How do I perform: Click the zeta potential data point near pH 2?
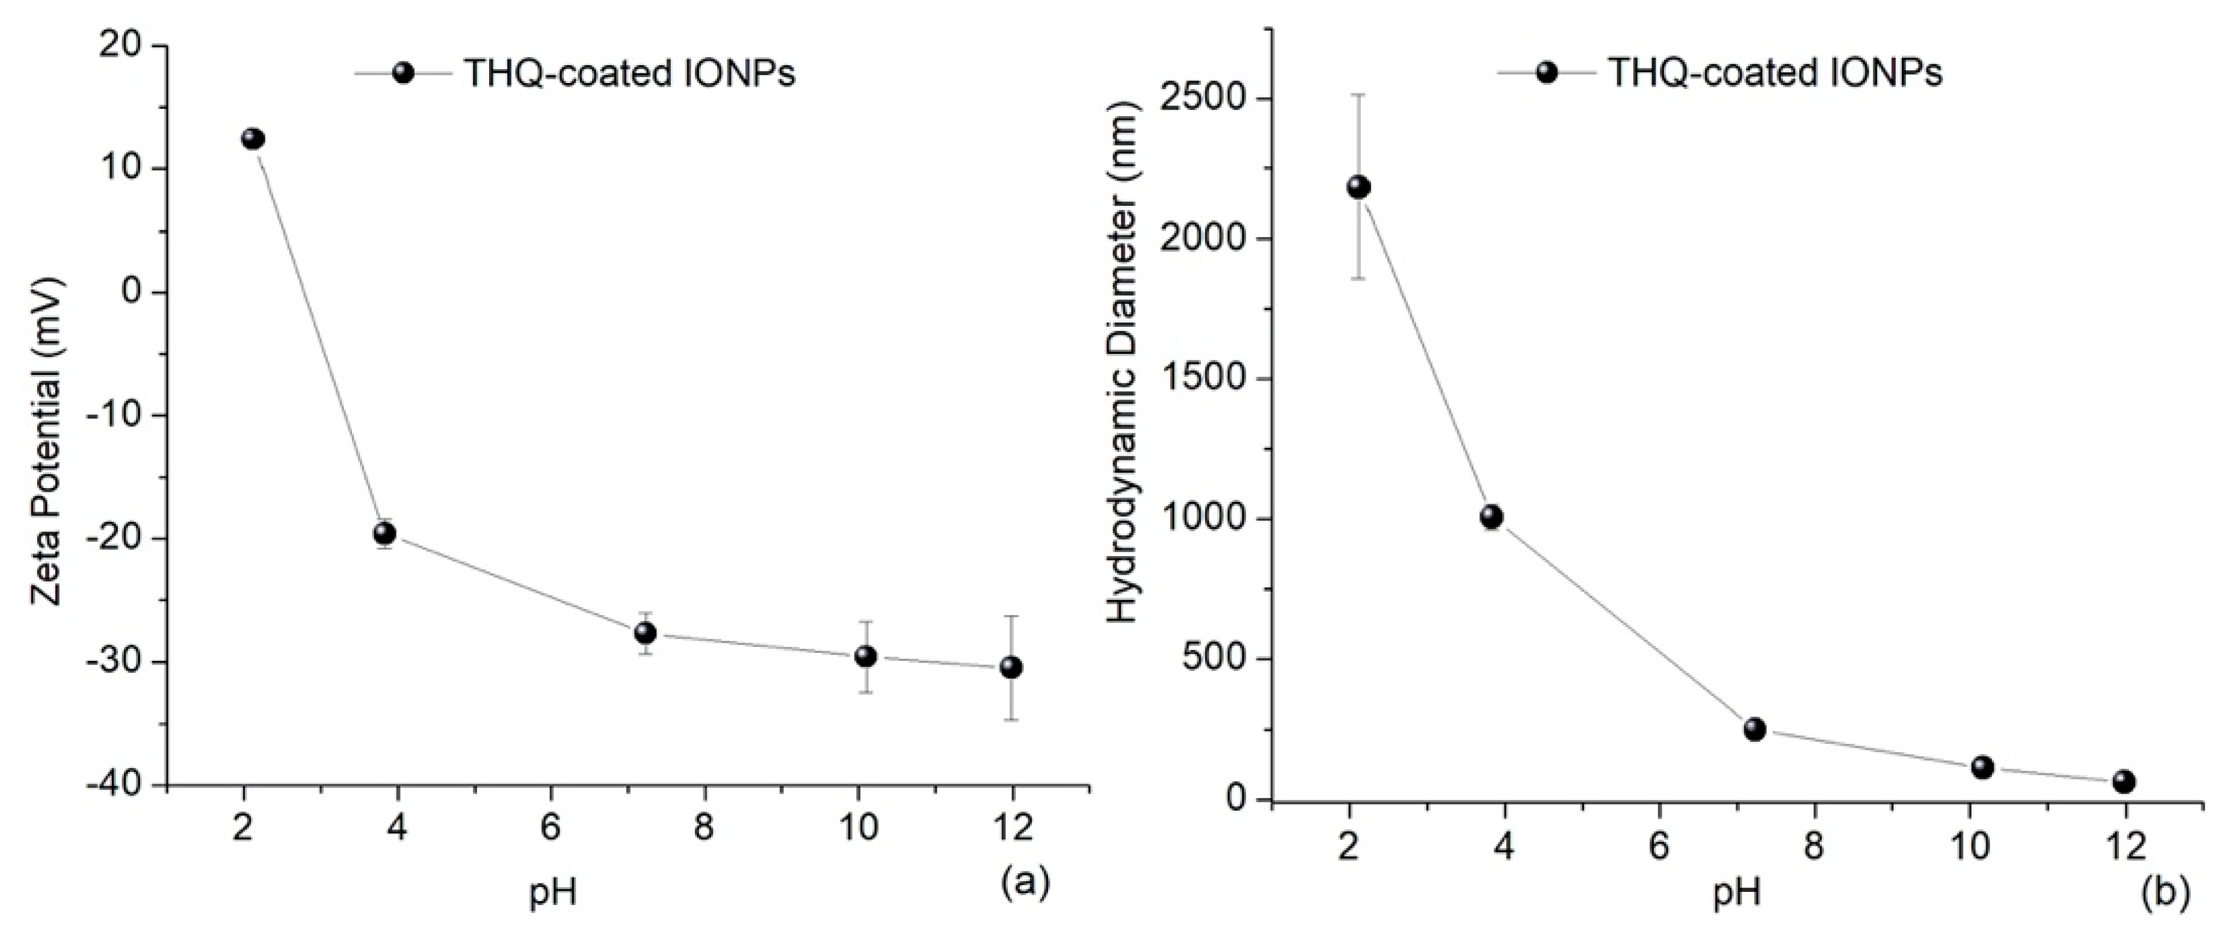click(253, 138)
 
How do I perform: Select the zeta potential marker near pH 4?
click(385, 533)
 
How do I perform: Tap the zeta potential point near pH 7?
click(646, 632)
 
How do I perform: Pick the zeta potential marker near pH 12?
click(1011, 667)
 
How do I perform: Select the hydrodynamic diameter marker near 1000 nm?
click(1491, 517)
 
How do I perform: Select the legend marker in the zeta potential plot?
click(403, 73)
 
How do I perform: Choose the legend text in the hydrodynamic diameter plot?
click(1775, 73)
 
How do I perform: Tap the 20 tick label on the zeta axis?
click(122, 45)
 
